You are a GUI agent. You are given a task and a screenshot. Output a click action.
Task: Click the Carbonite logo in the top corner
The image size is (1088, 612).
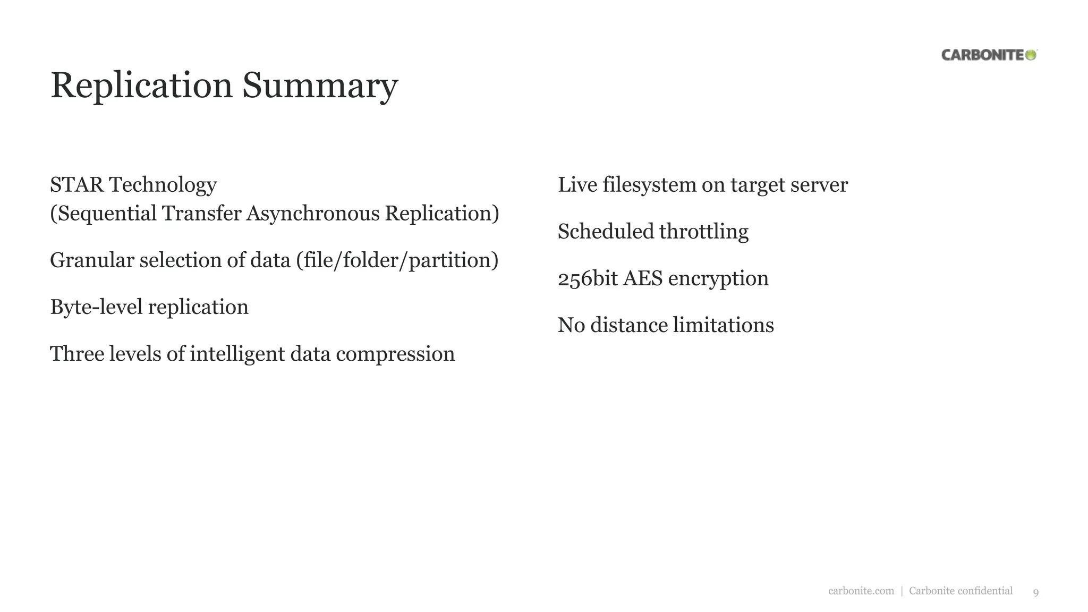[x=989, y=55]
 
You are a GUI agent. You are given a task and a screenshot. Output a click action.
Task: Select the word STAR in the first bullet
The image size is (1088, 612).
[x=76, y=185]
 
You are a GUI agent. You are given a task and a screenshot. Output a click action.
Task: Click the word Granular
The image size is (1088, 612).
[x=92, y=260]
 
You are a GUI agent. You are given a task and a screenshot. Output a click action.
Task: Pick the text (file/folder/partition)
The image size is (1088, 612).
[x=397, y=260]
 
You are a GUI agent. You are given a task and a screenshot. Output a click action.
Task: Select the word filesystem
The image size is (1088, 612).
[x=649, y=185]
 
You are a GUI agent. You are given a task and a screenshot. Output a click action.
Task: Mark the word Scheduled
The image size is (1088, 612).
[x=606, y=232]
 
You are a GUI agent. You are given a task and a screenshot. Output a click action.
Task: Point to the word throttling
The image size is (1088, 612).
[x=703, y=232]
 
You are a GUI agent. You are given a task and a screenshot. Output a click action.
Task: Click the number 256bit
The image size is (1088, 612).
[x=588, y=278]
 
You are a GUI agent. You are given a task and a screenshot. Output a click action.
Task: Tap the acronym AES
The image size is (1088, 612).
[x=642, y=278]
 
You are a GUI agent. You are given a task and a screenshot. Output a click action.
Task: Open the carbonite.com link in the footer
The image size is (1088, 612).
[x=861, y=591]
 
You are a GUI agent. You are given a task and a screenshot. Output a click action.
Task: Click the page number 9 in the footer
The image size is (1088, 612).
[x=1035, y=592]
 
